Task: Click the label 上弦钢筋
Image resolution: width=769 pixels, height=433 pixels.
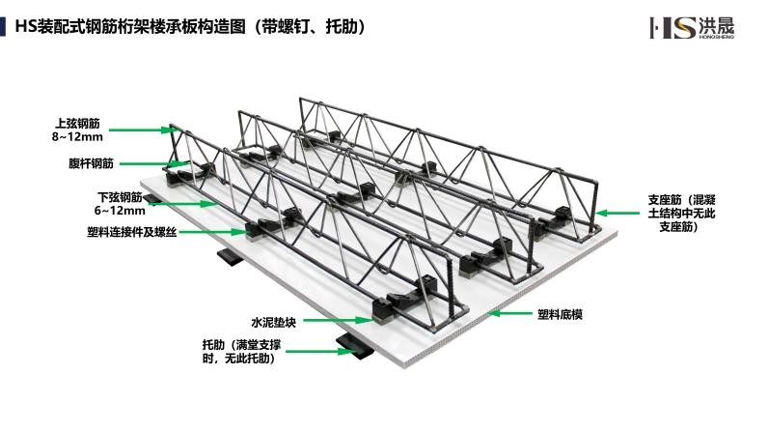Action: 77,123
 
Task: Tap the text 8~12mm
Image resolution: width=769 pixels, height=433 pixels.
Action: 77,136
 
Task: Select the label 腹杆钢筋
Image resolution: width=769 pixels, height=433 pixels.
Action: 91,163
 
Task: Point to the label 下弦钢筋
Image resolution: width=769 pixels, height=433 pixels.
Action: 120,197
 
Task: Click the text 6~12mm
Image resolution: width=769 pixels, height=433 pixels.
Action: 120,211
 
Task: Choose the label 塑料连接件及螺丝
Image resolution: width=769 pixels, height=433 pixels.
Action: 131,232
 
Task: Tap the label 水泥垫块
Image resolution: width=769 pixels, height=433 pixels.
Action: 273,323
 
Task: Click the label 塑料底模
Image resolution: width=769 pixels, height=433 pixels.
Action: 560,314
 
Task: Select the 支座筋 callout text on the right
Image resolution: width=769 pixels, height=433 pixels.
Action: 682,214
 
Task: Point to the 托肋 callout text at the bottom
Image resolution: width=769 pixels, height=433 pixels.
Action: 241,352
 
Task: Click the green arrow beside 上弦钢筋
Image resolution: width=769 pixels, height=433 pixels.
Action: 141,130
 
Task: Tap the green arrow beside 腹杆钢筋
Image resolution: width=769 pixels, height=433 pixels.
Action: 153,163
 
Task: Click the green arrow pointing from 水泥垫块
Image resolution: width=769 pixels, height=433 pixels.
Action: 338,321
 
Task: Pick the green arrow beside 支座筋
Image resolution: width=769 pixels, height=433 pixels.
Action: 618,214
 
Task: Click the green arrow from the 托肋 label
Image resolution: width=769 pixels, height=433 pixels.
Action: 318,351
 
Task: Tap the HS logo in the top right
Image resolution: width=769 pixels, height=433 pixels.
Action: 692,27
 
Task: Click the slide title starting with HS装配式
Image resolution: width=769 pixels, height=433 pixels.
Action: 190,26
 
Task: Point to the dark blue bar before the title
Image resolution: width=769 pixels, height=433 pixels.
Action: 3,26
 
